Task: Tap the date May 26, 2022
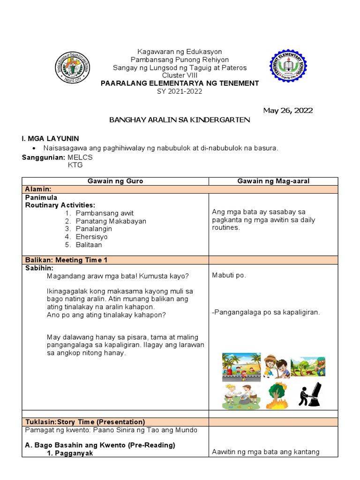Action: point(288,111)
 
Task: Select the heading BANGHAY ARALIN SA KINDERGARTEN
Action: point(180,120)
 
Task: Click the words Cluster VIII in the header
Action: point(180,75)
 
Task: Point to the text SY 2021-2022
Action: point(180,91)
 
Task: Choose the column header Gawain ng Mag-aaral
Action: point(273,181)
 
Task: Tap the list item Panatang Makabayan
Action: point(111,221)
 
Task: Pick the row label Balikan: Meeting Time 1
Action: point(67,260)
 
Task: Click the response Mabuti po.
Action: point(229,275)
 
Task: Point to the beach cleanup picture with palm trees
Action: point(241,367)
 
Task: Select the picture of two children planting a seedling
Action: point(275,367)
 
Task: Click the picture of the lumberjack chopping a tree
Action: point(308,367)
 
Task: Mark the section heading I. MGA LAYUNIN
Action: point(51,138)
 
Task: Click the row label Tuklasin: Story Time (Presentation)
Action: point(84,422)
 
